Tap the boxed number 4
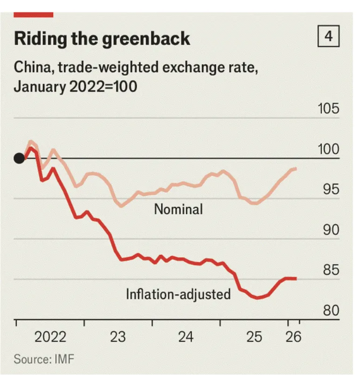[x=329, y=37]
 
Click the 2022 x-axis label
[x=50, y=336]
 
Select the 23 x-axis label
[x=118, y=336]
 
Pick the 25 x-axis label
[x=255, y=336]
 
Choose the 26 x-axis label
[x=294, y=336]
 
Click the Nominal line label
[x=179, y=209]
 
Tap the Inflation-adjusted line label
[x=178, y=294]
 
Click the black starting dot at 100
[x=19, y=158]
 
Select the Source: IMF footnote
[x=44, y=359]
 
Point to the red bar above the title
[x=33, y=15]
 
